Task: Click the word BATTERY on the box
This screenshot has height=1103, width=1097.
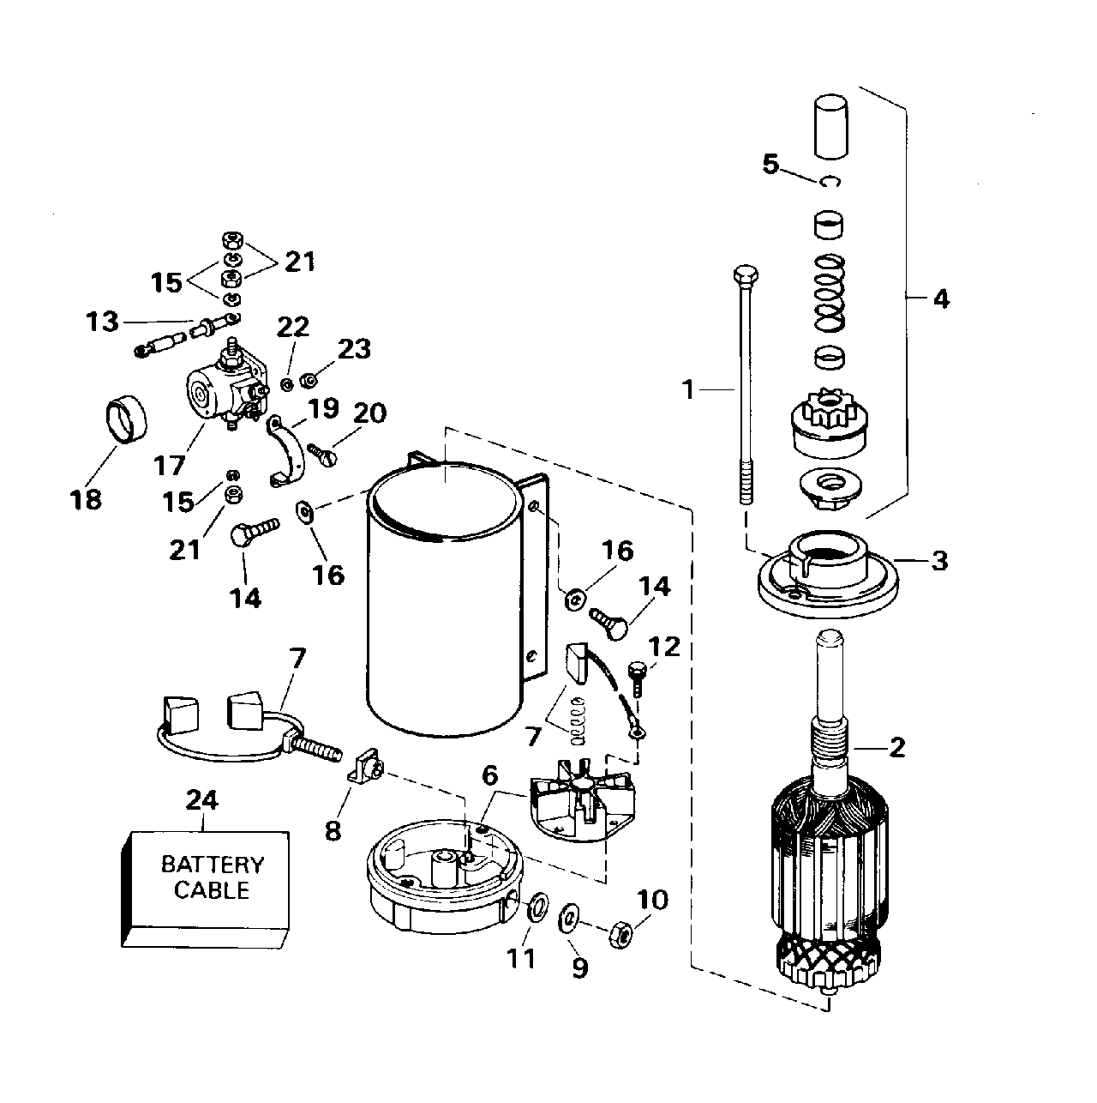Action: point(213,864)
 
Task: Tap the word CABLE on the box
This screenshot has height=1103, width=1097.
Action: point(212,890)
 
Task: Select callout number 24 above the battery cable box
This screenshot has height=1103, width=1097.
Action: point(202,801)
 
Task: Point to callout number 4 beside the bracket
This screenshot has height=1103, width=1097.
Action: point(941,299)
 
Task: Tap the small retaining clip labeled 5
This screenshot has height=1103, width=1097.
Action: point(830,181)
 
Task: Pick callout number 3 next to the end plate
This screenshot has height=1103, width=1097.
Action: point(940,562)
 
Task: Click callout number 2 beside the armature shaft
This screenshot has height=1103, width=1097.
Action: point(897,747)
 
